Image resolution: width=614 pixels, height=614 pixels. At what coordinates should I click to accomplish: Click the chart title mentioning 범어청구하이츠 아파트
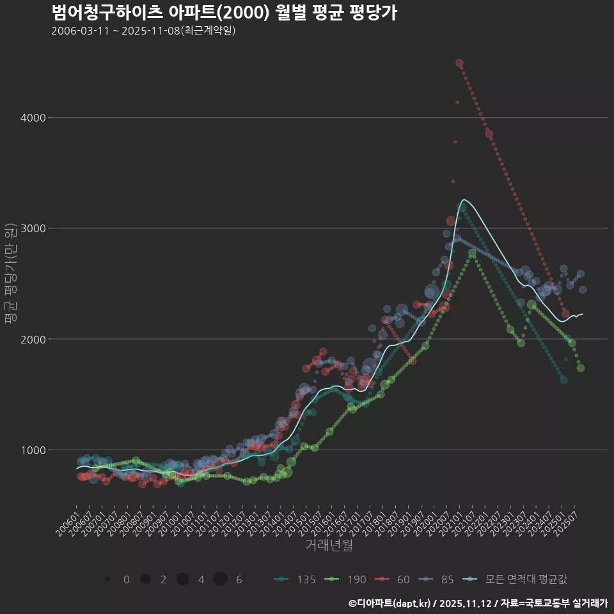pyautogui.click(x=224, y=12)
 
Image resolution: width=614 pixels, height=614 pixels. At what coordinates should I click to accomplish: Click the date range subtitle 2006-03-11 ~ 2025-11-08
pyautogui.click(x=143, y=31)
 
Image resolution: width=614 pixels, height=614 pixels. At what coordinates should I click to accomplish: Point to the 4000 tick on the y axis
pyautogui.click(x=31, y=118)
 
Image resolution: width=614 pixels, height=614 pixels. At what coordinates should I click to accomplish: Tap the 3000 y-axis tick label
pyautogui.click(x=31, y=228)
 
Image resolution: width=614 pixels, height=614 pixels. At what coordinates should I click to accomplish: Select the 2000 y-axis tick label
pyautogui.click(x=31, y=339)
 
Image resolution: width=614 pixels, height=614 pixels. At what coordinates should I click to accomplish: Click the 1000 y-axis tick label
pyautogui.click(x=31, y=450)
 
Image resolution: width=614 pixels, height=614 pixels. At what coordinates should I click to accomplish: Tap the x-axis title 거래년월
pyautogui.click(x=329, y=545)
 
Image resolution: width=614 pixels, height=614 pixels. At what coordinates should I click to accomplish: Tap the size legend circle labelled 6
pyautogui.click(x=220, y=579)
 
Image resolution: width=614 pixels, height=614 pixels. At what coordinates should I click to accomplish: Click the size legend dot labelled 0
pyautogui.click(x=108, y=579)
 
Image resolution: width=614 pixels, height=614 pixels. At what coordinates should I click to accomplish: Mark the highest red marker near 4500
pyautogui.click(x=459, y=63)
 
